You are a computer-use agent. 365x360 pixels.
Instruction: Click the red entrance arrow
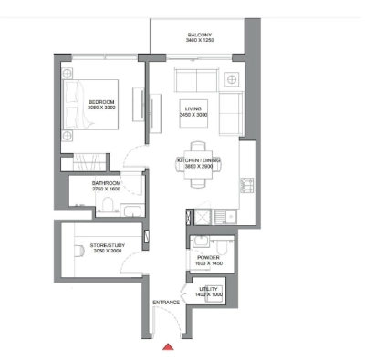pyautogui.click(x=167, y=347)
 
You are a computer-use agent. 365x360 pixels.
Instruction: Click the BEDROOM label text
pyautogui.click(x=100, y=100)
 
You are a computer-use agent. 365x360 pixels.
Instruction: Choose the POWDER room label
pyautogui.click(x=208, y=257)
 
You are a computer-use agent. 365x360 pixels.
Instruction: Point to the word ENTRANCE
pyautogui.click(x=166, y=301)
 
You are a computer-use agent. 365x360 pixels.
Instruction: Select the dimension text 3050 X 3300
pyautogui.click(x=100, y=107)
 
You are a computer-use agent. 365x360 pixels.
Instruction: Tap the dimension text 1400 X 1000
pyautogui.click(x=209, y=293)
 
